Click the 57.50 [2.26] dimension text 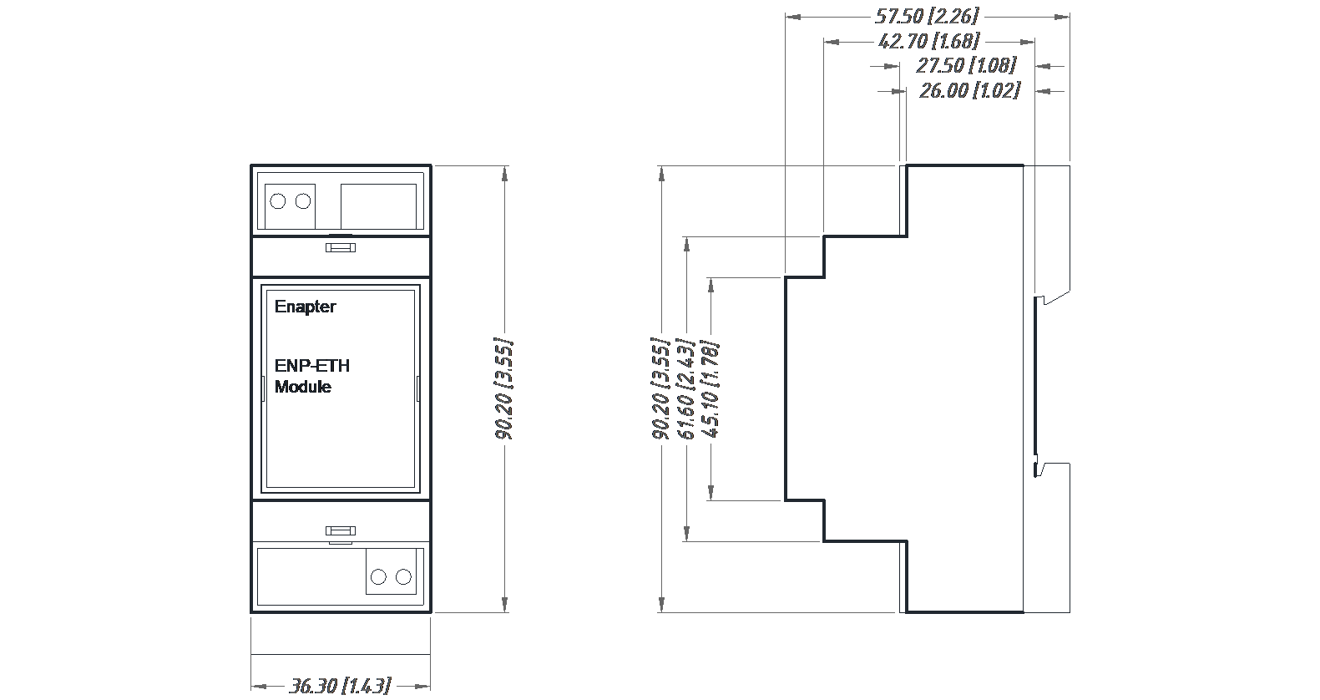(x=927, y=16)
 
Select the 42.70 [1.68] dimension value (x=928, y=41)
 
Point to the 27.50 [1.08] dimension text (x=966, y=65)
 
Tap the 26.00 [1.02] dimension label (x=969, y=90)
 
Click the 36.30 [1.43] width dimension (x=340, y=686)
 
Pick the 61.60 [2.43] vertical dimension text (x=685, y=388)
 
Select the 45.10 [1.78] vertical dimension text (x=711, y=388)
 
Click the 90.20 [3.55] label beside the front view (x=503, y=388)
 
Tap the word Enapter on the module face (x=305, y=307)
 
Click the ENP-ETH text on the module (x=312, y=366)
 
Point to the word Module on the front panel (x=302, y=387)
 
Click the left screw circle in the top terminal (x=278, y=201)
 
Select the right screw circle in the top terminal (x=303, y=201)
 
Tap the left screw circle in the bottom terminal (x=378, y=577)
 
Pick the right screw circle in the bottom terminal (x=404, y=577)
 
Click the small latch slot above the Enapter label (x=341, y=247)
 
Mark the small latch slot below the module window (x=341, y=530)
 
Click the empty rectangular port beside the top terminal (x=378, y=205)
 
